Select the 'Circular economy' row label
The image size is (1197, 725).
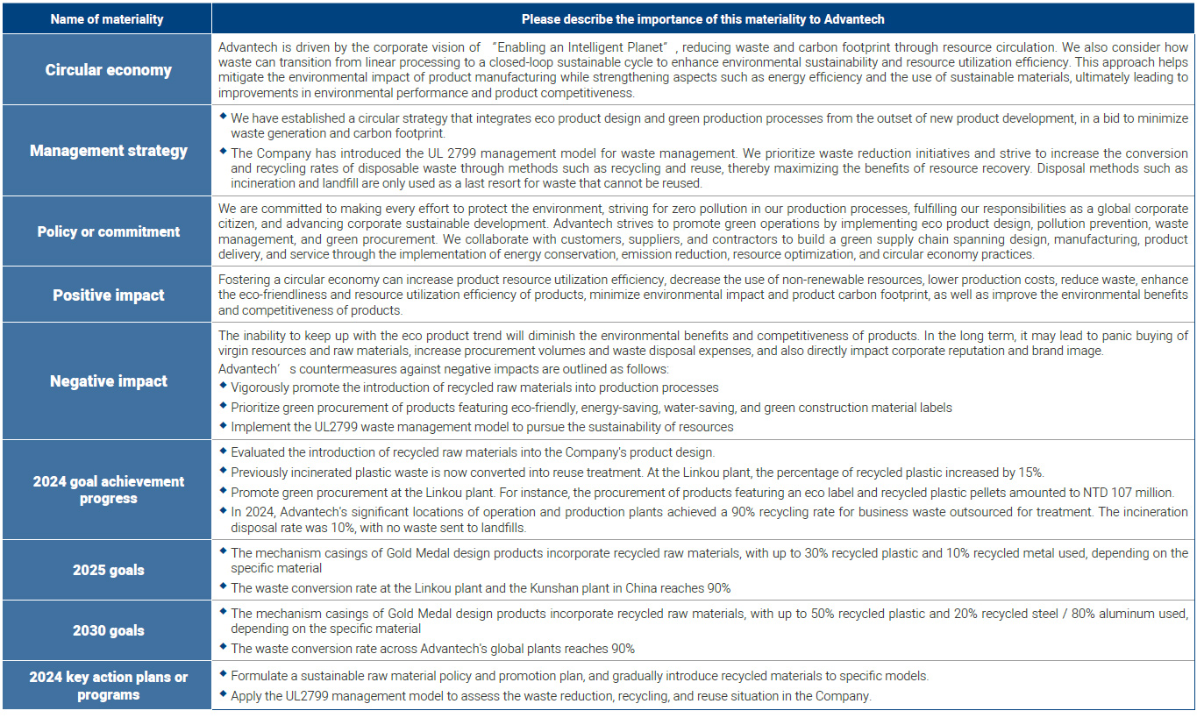(108, 70)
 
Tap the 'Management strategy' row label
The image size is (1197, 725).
(108, 151)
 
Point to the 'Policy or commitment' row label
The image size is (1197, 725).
(108, 231)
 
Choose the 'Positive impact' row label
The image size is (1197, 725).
(108, 295)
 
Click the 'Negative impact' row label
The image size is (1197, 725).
(108, 381)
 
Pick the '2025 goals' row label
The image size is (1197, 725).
(108, 570)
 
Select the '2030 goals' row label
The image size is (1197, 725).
(108, 630)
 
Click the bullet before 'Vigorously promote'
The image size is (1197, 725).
(223, 386)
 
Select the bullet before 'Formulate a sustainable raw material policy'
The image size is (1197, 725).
(223, 675)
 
